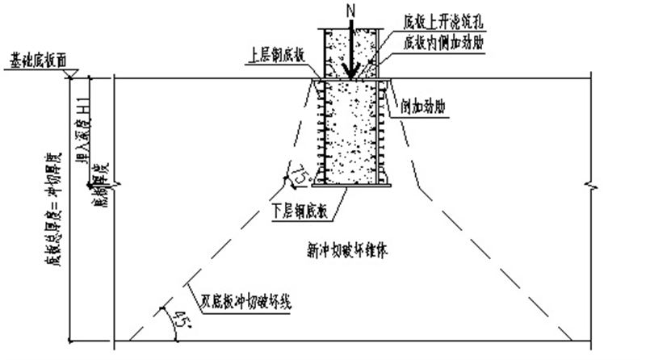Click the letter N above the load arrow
click(x=350, y=10)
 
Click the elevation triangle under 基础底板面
click(x=73, y=73)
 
